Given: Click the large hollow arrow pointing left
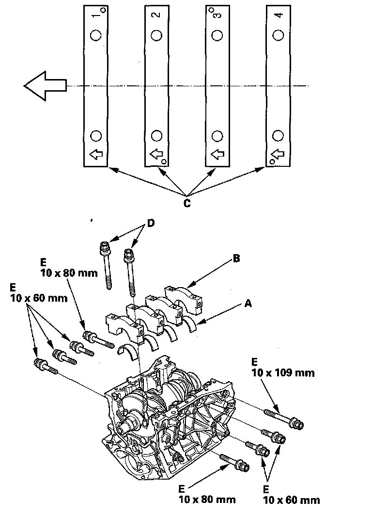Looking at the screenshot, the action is tap(45, 86).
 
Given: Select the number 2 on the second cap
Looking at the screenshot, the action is tap(157, 15).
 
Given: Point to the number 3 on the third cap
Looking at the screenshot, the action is tap(217, 15).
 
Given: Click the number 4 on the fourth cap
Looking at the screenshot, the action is tap(279, 15).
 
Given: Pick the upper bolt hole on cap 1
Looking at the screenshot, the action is tap(96, 35).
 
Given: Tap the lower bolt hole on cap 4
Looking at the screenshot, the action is tap(278, 136).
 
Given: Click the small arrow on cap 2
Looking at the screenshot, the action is tap(156, 154).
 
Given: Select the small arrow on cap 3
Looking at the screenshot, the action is tap(217, 154).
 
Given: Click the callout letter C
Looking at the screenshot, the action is tap(186, 204).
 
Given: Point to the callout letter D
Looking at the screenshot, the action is tap(151, 223).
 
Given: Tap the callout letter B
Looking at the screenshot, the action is tap(236, 258).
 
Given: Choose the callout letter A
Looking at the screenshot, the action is tap(248, 303).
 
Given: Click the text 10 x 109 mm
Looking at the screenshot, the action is tap(283, 373).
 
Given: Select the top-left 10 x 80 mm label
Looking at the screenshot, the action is tap(69, 273).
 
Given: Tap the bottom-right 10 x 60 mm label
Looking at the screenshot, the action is tap(292, 500).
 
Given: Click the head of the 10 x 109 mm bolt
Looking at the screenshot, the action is tap(296, 423).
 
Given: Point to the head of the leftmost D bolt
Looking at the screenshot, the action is tap(105, 247).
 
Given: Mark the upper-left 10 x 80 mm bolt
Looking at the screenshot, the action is tap(98, 340).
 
